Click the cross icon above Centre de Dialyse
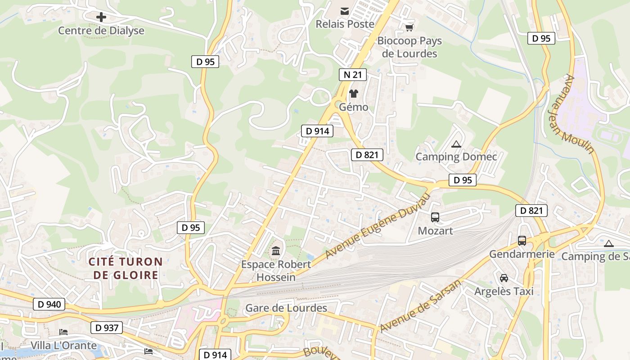[101, 17]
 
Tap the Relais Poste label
[345, 24]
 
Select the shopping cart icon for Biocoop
[409, 28]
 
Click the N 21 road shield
[352, 75]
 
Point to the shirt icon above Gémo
[354, 94]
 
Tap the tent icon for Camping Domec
[456, 144]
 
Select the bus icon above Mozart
[435, 217]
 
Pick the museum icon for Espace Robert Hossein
[276, 251]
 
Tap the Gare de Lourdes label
[286, 308]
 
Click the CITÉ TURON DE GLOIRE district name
[126, 268]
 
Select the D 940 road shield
[49, 304]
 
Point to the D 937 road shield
[107, 328]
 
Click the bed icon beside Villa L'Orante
[63, 332]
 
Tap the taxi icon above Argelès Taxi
[504, 278]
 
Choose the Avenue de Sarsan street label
[421, 306]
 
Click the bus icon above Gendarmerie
[522, 241]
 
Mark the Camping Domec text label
[456, 157]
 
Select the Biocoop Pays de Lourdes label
[409, 47]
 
